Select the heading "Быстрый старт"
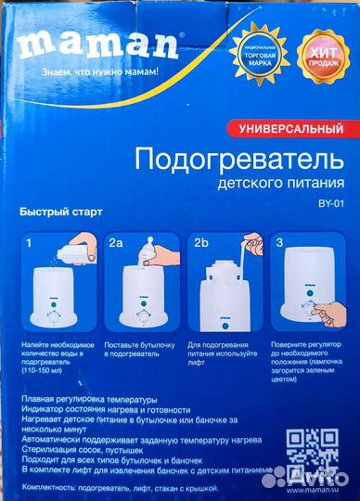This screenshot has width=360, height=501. tap(60, 212)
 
